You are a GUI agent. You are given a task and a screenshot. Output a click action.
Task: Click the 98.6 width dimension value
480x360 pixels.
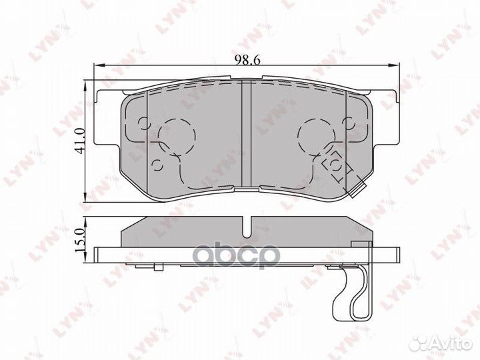247,59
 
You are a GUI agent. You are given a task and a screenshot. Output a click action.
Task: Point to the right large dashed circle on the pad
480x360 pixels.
316,136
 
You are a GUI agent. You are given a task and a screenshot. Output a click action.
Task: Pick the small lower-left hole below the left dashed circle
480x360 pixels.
158,163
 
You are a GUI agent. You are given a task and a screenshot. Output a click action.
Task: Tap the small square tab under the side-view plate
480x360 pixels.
158,267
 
